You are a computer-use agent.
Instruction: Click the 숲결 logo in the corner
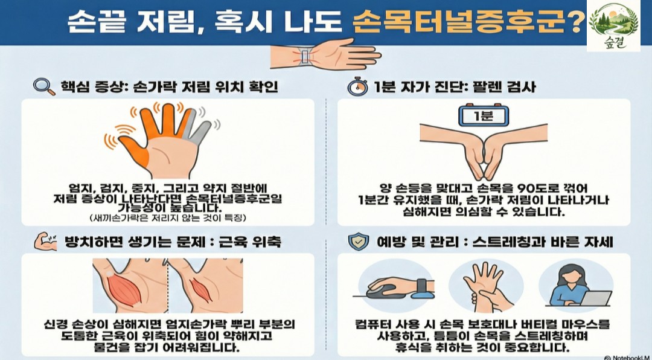point(614,26)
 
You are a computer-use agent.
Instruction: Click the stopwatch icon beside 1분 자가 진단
point(357,86)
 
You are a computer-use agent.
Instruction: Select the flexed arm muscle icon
point(46,242)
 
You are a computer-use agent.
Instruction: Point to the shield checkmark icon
point(359,242)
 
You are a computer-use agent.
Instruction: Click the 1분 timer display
point(484,115)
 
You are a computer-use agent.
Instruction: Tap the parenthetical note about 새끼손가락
point(168,217)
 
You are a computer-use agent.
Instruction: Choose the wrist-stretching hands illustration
point(485,286)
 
